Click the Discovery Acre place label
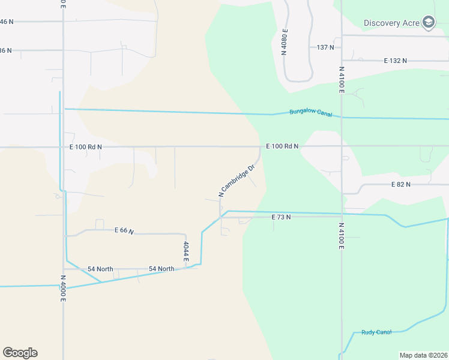click(390, 23)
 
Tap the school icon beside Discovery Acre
click(428, 23)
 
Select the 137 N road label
click(325, 47)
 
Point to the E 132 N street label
click(396, 61)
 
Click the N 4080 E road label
click(285, 42)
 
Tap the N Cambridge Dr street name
click(237, 181)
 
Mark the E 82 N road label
click(400, 185)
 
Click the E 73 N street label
click(281, 217)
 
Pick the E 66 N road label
click(124, 230)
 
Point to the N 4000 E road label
click(62, 288)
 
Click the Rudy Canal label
click(376, 332)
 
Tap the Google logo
click(20, 353)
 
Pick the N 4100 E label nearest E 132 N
click(341, 79)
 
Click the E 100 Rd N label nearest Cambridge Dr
click(282, 146)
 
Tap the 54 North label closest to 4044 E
click(161, 269)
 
